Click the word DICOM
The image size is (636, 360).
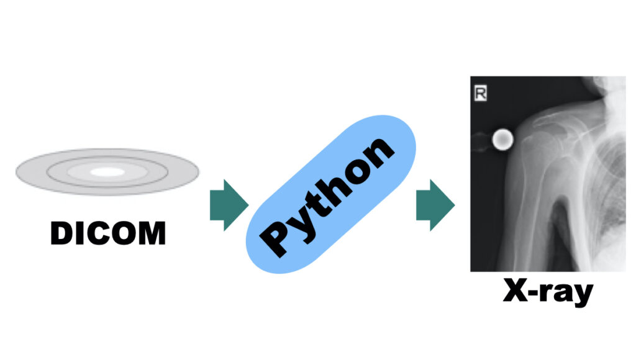coord(107,233)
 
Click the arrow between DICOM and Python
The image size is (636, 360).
coord(228,205)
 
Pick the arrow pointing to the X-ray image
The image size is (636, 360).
coord(434,205)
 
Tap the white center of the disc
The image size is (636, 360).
coord(107,172)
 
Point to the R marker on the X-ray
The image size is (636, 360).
coord(480,94)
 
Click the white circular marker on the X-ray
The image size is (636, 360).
coord(502,140)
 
